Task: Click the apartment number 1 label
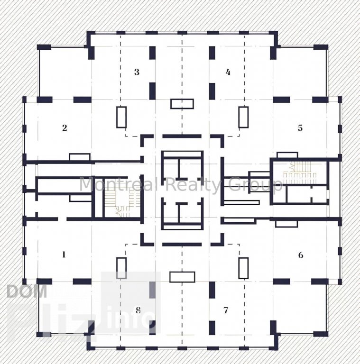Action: coord(64,255)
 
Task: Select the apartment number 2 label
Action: coord(65,127)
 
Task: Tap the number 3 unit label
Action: coord(137,72)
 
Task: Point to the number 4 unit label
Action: coord(228,72)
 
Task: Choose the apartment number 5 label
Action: coord(300,128)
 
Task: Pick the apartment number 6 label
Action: coord(301,255)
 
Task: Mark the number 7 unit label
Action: coord(225,310)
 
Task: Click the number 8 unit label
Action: coord(138,310)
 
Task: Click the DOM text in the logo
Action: coord(27,291)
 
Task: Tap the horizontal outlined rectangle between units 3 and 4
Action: coord(182,104)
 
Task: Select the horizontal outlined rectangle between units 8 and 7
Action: coord(182,277)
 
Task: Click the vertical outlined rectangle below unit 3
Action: coord(121,117)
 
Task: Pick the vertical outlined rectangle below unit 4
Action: coord(243,117)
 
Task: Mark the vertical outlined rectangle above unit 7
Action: coord(243,268)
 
